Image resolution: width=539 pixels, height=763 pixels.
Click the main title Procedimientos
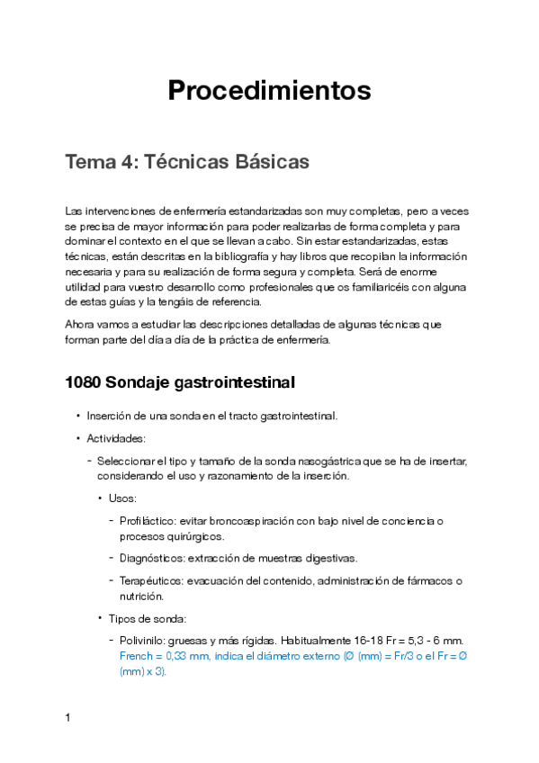pos(269,91)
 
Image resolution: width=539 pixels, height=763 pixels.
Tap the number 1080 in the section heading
pos(83,382)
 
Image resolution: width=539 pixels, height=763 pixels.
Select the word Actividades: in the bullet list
pos(116,438)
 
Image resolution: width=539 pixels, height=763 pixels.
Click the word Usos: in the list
pos(123,498)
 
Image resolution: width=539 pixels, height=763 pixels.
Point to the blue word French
pos(136,656)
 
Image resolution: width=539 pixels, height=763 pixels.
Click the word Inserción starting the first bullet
pos(110,416)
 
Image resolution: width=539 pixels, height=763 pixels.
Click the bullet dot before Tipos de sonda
pos(99,617)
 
